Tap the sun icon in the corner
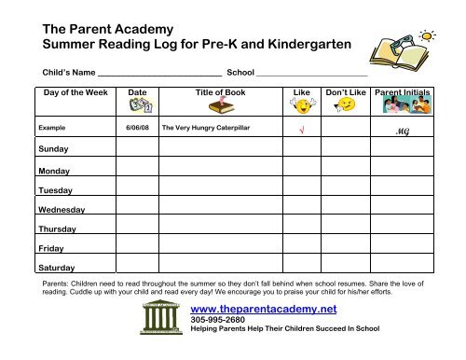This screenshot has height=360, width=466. click(430, 35)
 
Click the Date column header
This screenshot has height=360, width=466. click(137, 93)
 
